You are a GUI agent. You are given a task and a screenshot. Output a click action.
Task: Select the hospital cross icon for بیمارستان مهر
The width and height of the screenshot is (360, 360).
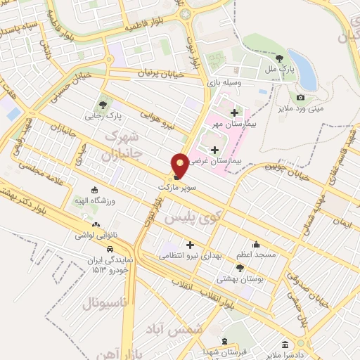click(x=233, y=112)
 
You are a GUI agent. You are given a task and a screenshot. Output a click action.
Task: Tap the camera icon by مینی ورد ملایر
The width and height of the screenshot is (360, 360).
click(x=301, y=97)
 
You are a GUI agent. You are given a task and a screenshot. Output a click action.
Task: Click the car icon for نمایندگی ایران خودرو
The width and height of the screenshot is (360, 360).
click(x=110, y=249)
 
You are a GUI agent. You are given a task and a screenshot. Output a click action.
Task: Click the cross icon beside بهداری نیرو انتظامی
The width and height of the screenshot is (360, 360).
click(x=189, y=244)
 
